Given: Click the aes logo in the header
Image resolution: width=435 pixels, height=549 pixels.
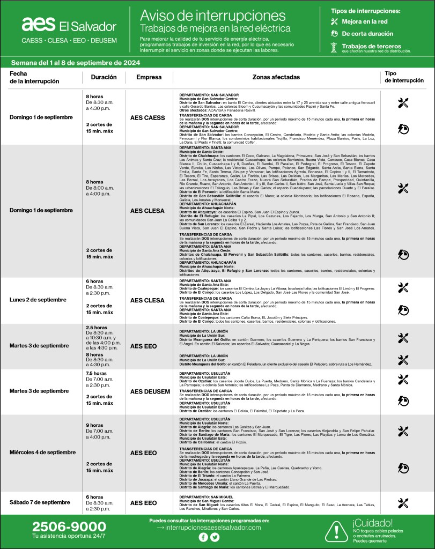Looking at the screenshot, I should [x=39, y=24].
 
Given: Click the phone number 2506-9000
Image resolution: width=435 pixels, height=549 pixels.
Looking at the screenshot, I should [x=69, y=526].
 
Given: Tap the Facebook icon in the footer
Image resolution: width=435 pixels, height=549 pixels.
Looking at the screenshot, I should [x=203, y=537].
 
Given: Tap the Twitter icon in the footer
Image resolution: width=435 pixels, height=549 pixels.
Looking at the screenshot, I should [x=215, y=537].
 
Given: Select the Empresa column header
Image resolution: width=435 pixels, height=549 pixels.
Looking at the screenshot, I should [x=149, y=77].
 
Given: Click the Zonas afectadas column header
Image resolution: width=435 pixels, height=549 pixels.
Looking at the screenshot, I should [x=276, y=77].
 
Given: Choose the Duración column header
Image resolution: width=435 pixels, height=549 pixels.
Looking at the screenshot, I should [x=104, y=77].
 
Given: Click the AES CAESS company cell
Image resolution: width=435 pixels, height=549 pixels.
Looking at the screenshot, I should [x=148, y=117].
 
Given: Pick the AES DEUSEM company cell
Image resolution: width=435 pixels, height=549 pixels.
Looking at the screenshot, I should [x=150, y=392].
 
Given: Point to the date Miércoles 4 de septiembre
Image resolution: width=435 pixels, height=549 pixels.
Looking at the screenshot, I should [x=42, y=452].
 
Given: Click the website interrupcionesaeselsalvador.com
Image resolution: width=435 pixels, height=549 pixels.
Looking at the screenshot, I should [x=213, y=528].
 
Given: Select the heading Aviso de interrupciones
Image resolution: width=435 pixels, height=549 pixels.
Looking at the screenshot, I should [x=212, y=14].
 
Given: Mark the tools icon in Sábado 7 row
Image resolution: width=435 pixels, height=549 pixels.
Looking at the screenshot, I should [x=403, y=503].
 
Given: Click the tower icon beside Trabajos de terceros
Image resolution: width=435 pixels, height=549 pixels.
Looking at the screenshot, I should [x=334, y=48].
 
